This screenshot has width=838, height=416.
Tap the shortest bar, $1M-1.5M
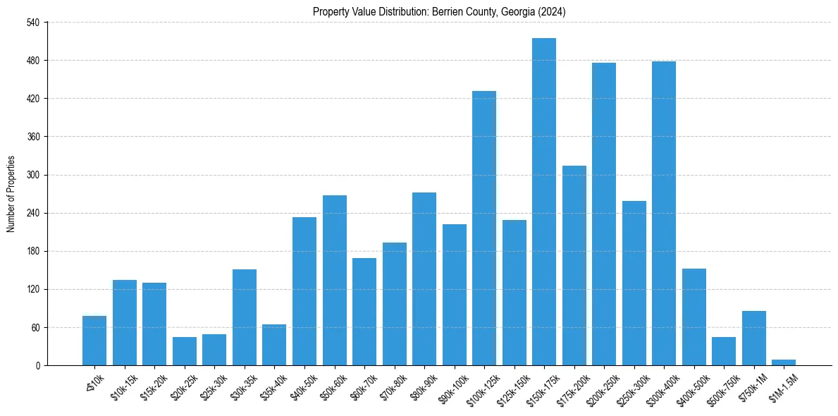click(x=784, y=362)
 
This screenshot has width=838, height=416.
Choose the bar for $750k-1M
click(x=754, y=338)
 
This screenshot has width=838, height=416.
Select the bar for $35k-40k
click(x=274, y=345)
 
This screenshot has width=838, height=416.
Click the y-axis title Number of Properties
click(x=11, y=194)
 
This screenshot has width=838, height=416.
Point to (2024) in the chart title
click(x=551, y=12)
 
